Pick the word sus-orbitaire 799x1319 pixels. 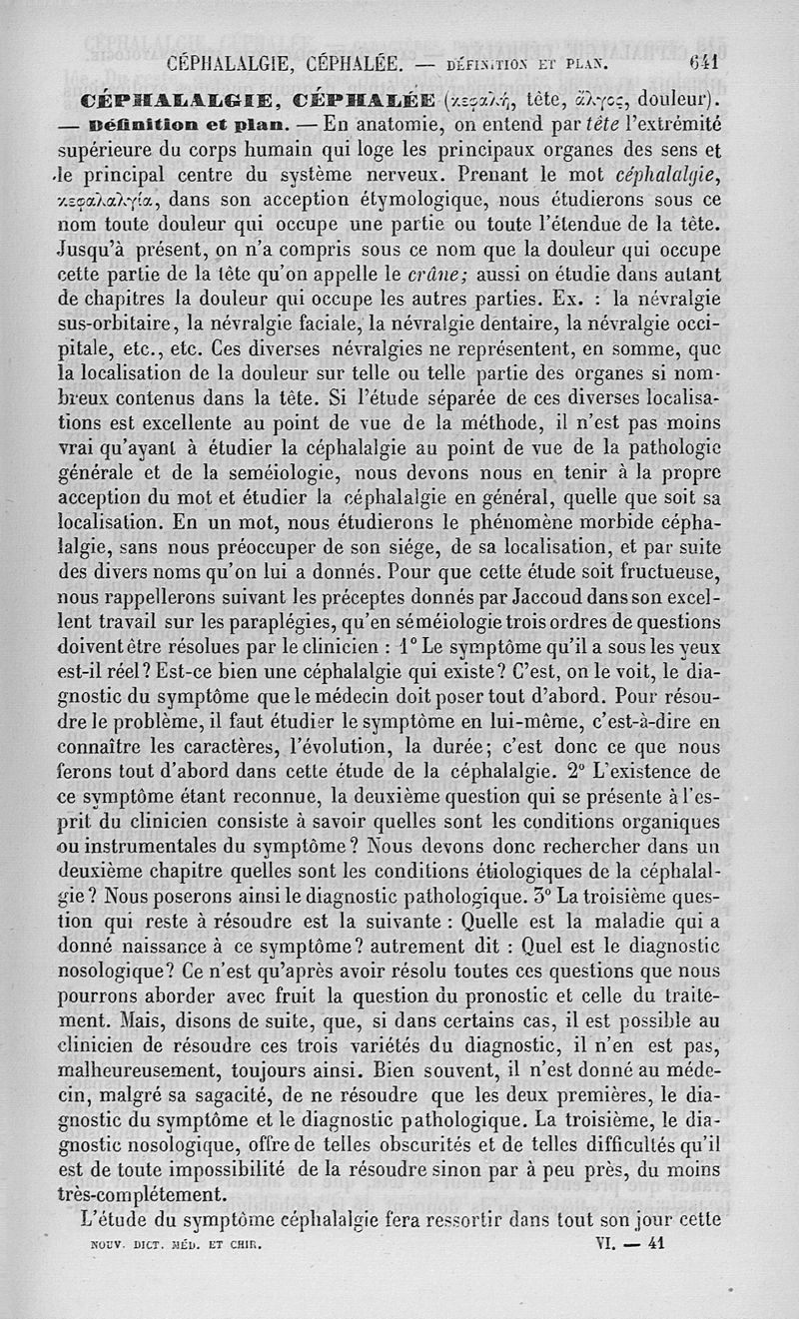click(x=117, y=322)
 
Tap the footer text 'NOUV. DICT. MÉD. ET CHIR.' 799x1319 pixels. click(x=168, y=1245)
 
